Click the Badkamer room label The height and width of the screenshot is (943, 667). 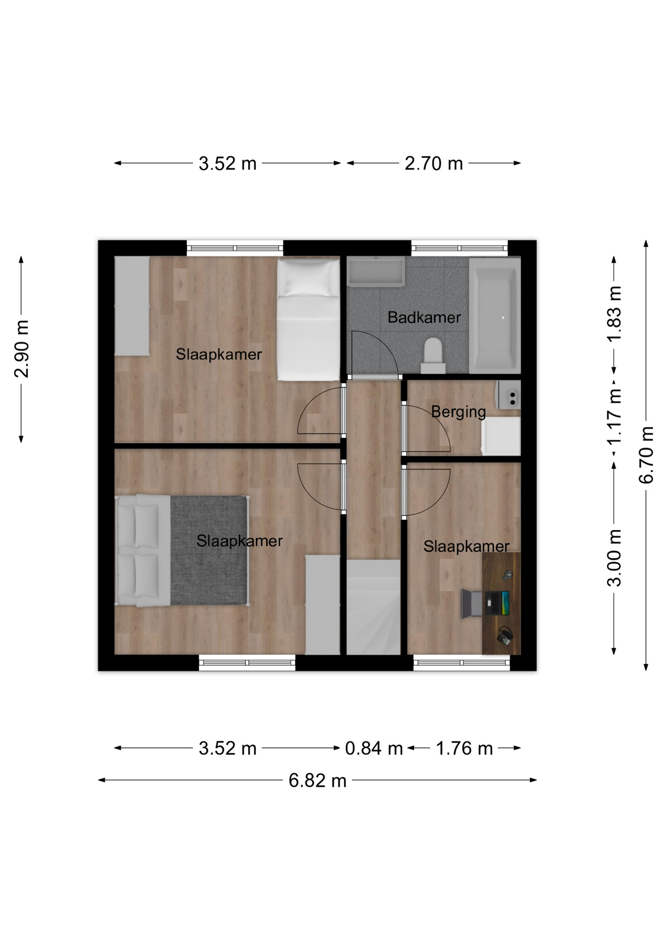coord(424,317)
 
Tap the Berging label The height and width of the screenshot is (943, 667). coord(458,412)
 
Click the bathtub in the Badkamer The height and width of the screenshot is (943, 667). coord(494,315)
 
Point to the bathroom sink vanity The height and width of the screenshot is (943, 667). coord(376,272)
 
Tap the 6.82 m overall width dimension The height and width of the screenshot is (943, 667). coord(317,780)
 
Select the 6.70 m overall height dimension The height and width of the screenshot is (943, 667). coord(646,455)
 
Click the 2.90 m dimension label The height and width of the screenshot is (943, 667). coord(21,349)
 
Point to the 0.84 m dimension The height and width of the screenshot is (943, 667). coord(374,749)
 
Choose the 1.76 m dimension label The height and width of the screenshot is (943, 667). coord(464,749)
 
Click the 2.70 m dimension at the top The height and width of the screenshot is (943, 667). coord(434,164)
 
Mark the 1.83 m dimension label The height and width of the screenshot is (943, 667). coord(614,314)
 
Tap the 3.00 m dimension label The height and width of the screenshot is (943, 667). coord(614,558)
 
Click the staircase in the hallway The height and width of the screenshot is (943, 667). coord(374,607)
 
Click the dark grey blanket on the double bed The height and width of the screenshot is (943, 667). coord(209,550)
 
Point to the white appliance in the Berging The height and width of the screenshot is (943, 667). coord(500,436)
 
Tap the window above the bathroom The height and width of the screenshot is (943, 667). coord(459,248)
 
